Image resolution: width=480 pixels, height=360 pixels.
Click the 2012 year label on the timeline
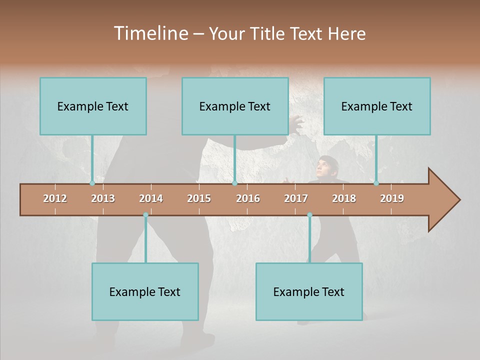point(55,198)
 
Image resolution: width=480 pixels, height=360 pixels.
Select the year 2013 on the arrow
point(103,198)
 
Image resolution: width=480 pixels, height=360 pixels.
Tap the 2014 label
point(151,198)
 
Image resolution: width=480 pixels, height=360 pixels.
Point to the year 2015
point(199,198)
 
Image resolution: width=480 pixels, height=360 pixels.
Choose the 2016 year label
point(248,198)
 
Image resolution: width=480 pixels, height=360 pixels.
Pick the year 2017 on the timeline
point(296,198)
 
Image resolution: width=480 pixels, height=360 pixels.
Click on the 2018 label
point(344,198)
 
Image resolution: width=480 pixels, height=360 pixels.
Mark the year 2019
point(392,198)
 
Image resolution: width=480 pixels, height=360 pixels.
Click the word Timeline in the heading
point(150,33)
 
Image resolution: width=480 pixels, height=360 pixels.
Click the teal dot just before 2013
point(92,183)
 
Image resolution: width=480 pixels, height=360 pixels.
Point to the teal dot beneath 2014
point(145,215)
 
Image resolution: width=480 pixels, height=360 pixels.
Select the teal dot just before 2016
point(234,183)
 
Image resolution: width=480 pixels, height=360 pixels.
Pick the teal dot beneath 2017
point(309,215)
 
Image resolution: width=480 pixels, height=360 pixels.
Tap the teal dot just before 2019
point(376,183)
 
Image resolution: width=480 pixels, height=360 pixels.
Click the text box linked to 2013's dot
point(93,106)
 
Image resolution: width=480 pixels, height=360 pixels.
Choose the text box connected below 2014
point(145,291)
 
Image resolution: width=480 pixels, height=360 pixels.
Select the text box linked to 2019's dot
point(377,106)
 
